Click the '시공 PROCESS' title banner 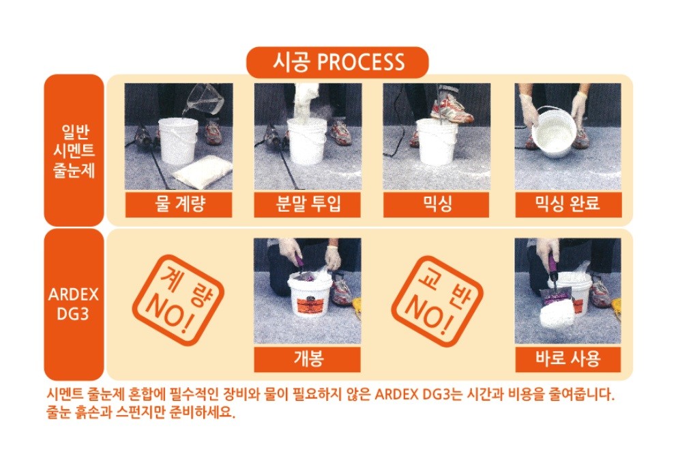[x=337, y=62]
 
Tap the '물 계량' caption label [x=179, y=204]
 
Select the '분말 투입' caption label [x=308, y=204]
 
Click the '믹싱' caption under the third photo [x=437, y=204]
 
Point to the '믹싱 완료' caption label [x=568, y=204]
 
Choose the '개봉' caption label [x=308, y=359]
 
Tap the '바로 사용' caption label [x=568, y=359]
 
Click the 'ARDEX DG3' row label [x=74, y=304]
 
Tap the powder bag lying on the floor [x=202, y=173]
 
